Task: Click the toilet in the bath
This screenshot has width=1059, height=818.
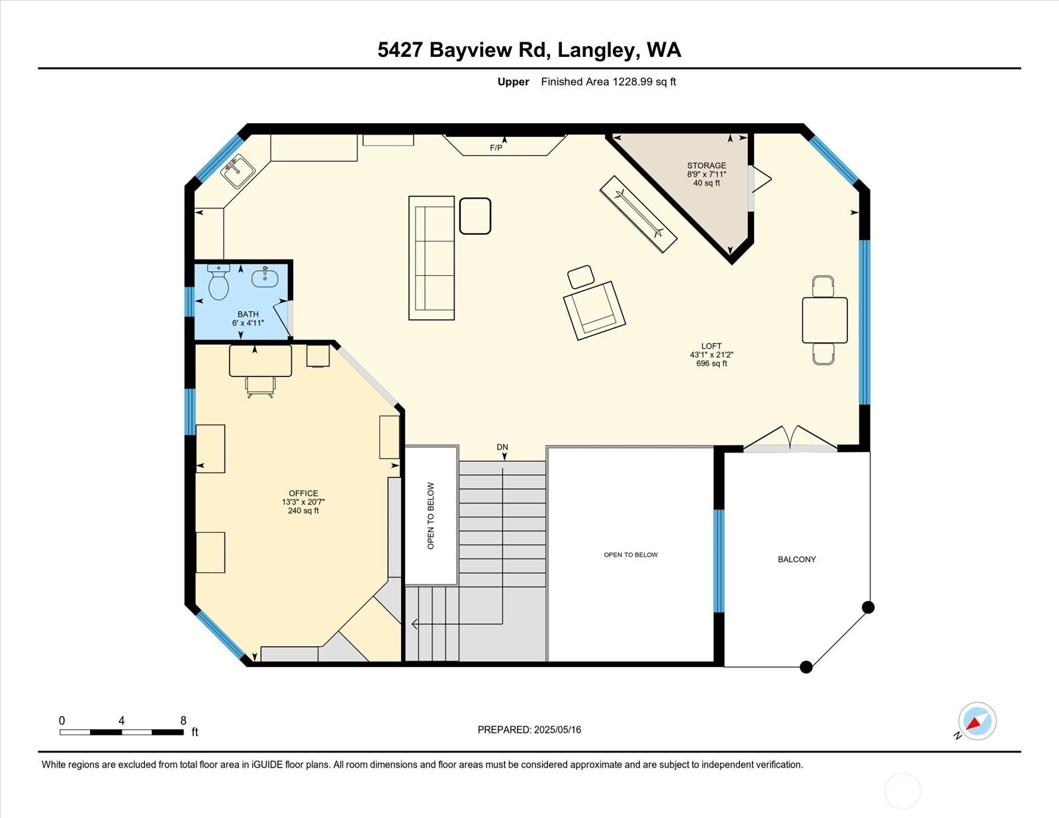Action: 218,283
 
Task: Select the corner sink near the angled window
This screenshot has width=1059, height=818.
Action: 238,171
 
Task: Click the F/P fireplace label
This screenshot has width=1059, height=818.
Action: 496,148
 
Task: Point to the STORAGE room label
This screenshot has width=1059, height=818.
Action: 706,165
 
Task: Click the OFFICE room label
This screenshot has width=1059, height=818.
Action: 303,493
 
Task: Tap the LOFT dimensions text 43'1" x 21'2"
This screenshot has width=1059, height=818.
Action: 712,355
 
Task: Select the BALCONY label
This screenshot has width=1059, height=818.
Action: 796,559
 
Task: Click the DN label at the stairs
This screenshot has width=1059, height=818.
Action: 502,447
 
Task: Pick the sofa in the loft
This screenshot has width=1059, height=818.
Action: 432,258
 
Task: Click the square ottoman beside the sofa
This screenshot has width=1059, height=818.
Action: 475,216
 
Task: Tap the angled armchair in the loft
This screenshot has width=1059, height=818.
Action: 594,310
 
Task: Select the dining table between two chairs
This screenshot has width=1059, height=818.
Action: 824,320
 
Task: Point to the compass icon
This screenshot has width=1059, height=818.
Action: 977,721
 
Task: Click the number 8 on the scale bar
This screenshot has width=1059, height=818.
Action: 183,720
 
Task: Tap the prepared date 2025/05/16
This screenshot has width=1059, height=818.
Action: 557,729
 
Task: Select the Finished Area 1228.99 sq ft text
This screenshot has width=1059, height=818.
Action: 608,82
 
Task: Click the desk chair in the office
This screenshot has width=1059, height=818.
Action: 260,386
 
